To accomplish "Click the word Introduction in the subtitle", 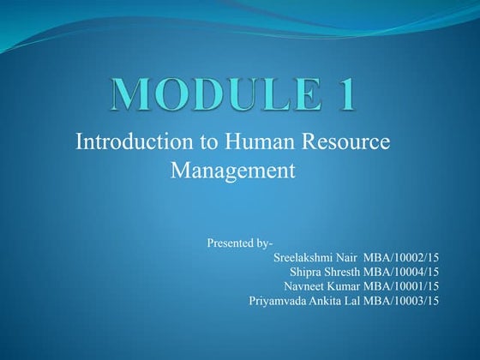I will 129,142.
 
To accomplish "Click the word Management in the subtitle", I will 233,170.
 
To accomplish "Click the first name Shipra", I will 308,272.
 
